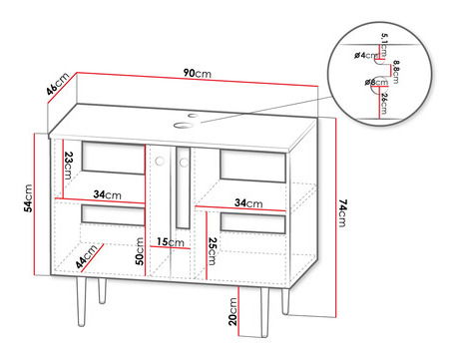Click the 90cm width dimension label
point(198,73)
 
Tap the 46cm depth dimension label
point(58,84)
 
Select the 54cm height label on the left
point(28,198)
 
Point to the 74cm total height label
point(342,213)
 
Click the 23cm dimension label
point(69,166)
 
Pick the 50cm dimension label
point(140,251)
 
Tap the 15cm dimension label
point(170,241)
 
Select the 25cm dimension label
point(212,251)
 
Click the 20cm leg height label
point(232,311)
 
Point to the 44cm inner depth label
point(87,255)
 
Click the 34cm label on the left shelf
point(107,194)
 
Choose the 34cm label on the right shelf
point(248,202)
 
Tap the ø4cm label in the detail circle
point(366,55)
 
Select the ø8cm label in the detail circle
point(376,82)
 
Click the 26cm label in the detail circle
point(384,104)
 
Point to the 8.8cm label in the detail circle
point(395,72)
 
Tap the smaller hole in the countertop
point(193,116)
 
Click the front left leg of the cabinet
point(81,301)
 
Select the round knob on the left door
point(160,161)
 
